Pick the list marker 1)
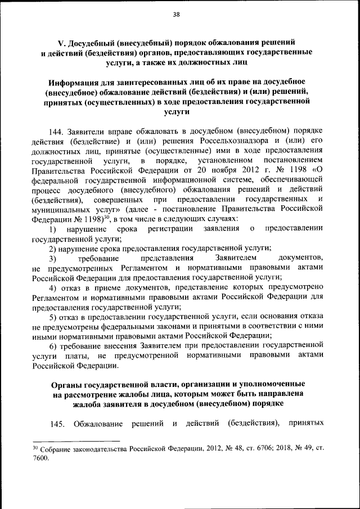coord(52,229)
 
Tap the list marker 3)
coord(52,258)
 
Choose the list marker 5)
coord(52,317)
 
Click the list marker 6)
coord(52,346)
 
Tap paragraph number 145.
coord(56,423)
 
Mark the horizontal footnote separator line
coord(76,442)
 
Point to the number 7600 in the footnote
coord(41,458)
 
